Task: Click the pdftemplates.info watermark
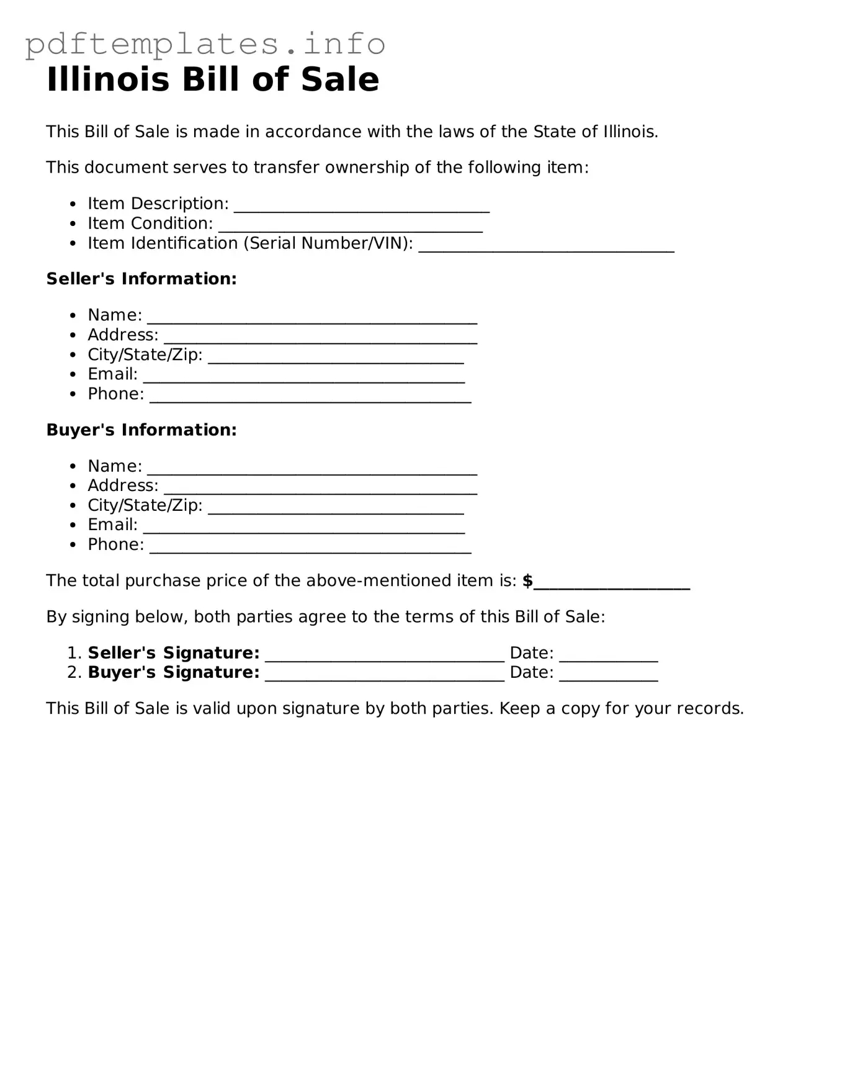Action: (x=205, y=43)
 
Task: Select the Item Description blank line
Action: (x=362, y=206)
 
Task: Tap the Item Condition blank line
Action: (x=350, y=226)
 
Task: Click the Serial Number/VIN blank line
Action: (x=546, y=246)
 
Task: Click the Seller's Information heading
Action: (x=141, y=279)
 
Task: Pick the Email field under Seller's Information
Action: (x=304, y=377)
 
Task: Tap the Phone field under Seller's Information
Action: (x=310, y=397)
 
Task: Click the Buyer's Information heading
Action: (x=141, y=430)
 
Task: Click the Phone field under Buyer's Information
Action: (x=310, y=547)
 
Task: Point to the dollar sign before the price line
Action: (x=527, y=581)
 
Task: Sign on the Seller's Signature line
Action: (x=385, y=655)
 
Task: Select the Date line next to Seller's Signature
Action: (x=608, y=655)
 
